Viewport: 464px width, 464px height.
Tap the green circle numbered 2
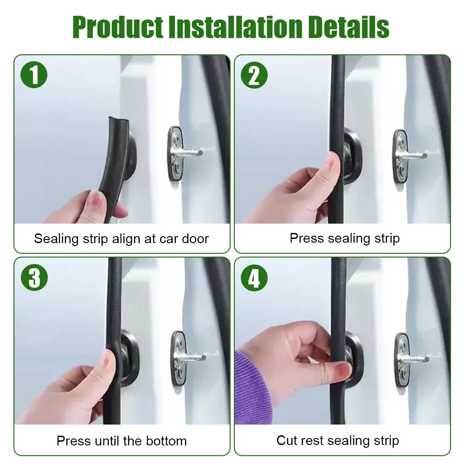(x=254, y=75)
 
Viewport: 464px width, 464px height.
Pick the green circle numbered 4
(x=254, y=277)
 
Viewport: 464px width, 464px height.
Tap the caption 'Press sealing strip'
(x=344, y=238)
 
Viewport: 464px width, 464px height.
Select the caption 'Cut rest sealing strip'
(x=337, y=440)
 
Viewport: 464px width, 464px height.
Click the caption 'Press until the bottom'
(x=122, y=440)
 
